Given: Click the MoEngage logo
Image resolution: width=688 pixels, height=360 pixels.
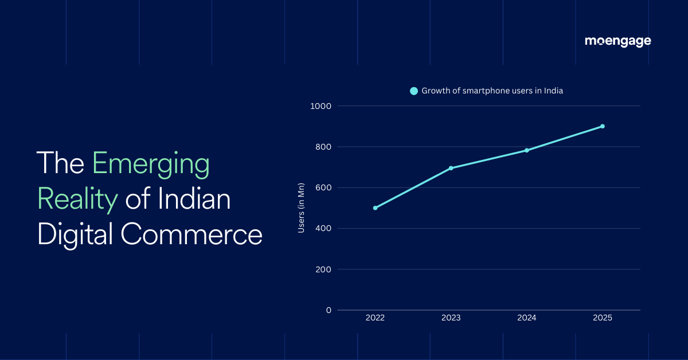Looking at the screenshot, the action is [617, 41].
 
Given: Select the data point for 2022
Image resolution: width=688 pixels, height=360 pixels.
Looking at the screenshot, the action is [375, 208].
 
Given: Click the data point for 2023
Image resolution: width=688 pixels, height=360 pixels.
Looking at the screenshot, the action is [451, 168].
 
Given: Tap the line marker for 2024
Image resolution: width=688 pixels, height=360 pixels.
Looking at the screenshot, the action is [527, 150].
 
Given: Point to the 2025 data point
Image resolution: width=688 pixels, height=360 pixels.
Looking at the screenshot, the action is [603, 126].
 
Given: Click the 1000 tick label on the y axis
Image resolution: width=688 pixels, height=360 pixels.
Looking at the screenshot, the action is [320, 106].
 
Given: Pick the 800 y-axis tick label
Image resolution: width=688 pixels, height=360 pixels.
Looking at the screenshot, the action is [323, 147].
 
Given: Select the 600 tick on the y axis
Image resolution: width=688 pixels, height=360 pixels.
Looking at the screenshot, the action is [323, 187].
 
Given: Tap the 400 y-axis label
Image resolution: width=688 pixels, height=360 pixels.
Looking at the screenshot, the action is [323, 228].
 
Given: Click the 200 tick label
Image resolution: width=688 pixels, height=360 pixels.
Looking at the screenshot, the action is [323, 269].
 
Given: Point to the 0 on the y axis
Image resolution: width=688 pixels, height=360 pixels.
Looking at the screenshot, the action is [329, 310].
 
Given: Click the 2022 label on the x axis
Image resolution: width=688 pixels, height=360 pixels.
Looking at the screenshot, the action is [375, 318].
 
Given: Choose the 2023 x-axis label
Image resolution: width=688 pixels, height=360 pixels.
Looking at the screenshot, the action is [451, 318].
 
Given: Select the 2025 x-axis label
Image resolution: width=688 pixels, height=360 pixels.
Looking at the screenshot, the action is [603, 318].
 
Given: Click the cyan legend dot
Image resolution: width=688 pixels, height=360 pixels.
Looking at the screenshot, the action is [414, 91].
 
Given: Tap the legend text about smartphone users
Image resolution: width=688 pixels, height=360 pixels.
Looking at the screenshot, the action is [492, 91].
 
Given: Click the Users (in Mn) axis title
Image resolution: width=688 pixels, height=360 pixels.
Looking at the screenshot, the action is [302, 208].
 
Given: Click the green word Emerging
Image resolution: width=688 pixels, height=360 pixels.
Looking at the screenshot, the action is [151, 165].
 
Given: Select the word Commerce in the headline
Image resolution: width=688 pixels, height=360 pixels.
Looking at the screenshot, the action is [191, 234].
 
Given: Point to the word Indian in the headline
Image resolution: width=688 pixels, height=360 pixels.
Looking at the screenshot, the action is [194, 199].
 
